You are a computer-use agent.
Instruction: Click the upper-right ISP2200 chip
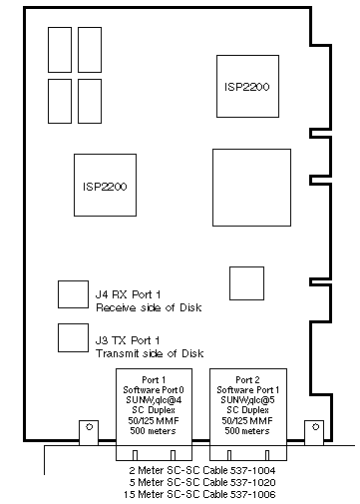click(x=247, y=86)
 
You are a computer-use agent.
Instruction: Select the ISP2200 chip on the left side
click(x=105, y=185)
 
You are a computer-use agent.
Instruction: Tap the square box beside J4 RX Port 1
click(x=73, y=294)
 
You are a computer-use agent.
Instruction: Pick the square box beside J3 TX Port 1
click(x=73, y=337)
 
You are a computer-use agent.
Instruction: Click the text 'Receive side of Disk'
click(x=149, y=307)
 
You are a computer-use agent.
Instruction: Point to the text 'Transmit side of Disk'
click(x=150, y=353)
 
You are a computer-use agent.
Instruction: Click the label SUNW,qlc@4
click(x=154, y=400)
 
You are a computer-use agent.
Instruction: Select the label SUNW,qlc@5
click(x=247, y=400)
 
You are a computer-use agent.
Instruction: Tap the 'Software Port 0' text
click(x=154, y=389)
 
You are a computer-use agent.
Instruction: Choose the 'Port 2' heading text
click(x=247, y=379)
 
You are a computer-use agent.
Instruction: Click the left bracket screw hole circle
click(x=89, y=426)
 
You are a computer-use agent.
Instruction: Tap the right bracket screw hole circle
click(x=316, y=426)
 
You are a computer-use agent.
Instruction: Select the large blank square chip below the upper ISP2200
click(x=251, y=188)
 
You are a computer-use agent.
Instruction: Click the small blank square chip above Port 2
click(x=246, y=283)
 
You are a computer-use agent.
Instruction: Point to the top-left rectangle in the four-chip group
click(x=60, y=50)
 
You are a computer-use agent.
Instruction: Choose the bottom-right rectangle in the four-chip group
click(x=90, y=101)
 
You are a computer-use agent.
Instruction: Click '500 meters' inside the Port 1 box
click(x=153, y=431)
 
